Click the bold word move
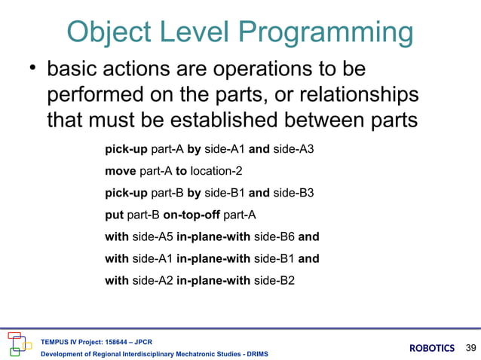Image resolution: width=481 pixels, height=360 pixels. point(121,171)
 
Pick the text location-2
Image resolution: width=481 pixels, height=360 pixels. point(216,171)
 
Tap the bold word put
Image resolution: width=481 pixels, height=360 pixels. point(114,215)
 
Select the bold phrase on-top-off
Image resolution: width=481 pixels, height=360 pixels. point(191,215)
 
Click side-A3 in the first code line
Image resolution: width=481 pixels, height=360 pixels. point(293,149)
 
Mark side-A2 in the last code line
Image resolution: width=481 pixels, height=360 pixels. point(152,280)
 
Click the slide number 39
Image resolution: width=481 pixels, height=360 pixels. point(472,347)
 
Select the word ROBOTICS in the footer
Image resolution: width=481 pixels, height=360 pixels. point(432,348)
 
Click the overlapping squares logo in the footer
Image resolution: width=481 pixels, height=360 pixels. point(19,343)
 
